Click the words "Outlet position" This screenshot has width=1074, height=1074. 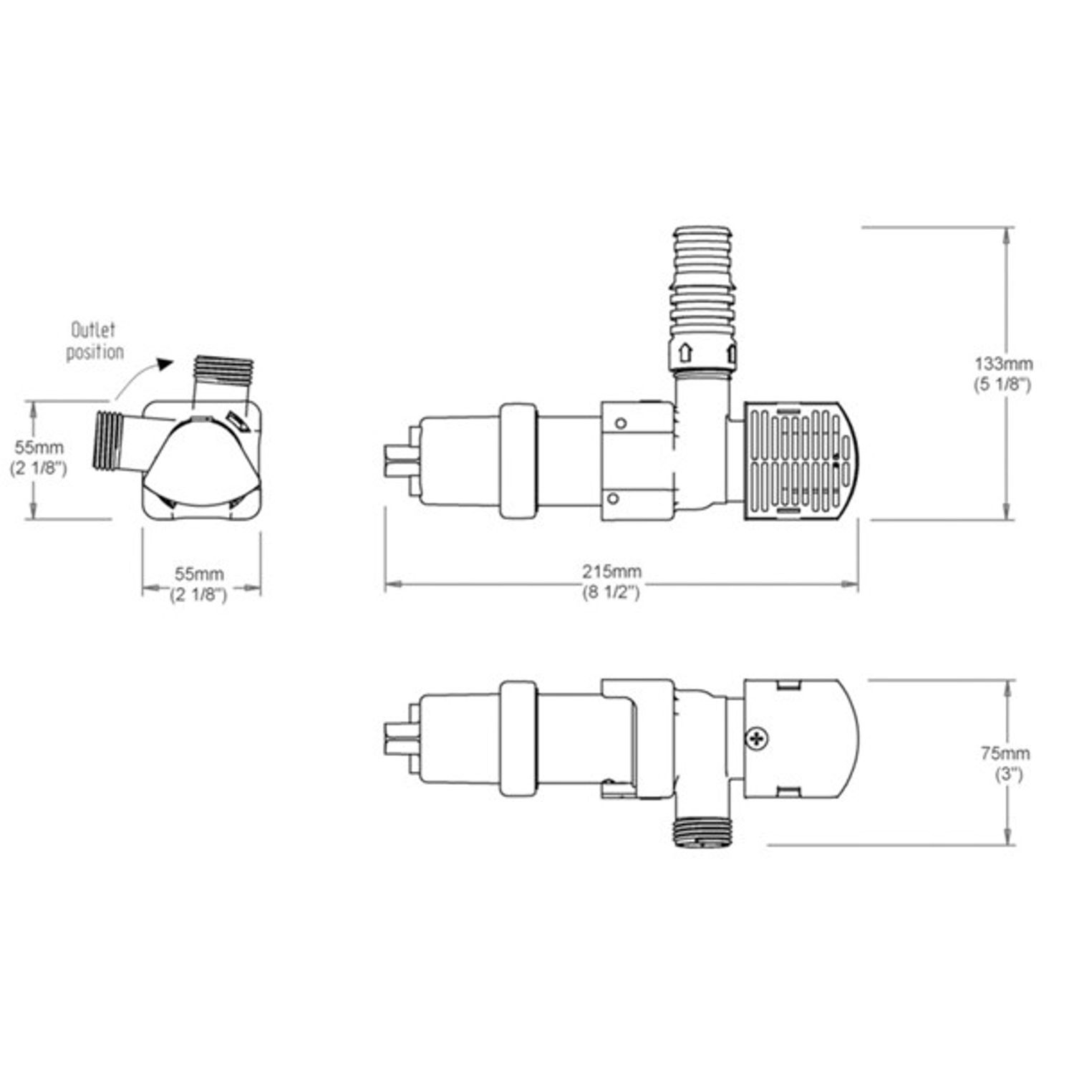point(95,342)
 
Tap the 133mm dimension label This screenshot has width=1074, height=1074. point(1002,363)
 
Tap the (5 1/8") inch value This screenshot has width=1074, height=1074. point(1002,384)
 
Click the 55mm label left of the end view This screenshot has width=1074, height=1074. point(39,447)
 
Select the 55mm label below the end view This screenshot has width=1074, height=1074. point(200,574)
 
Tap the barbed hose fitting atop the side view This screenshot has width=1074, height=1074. point(703,279)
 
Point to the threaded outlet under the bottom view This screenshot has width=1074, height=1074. point(703,833)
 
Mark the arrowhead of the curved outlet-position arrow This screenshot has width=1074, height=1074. point(165,364)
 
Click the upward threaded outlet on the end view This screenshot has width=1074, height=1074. point(224,372)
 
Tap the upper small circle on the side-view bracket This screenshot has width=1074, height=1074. point(621,423)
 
